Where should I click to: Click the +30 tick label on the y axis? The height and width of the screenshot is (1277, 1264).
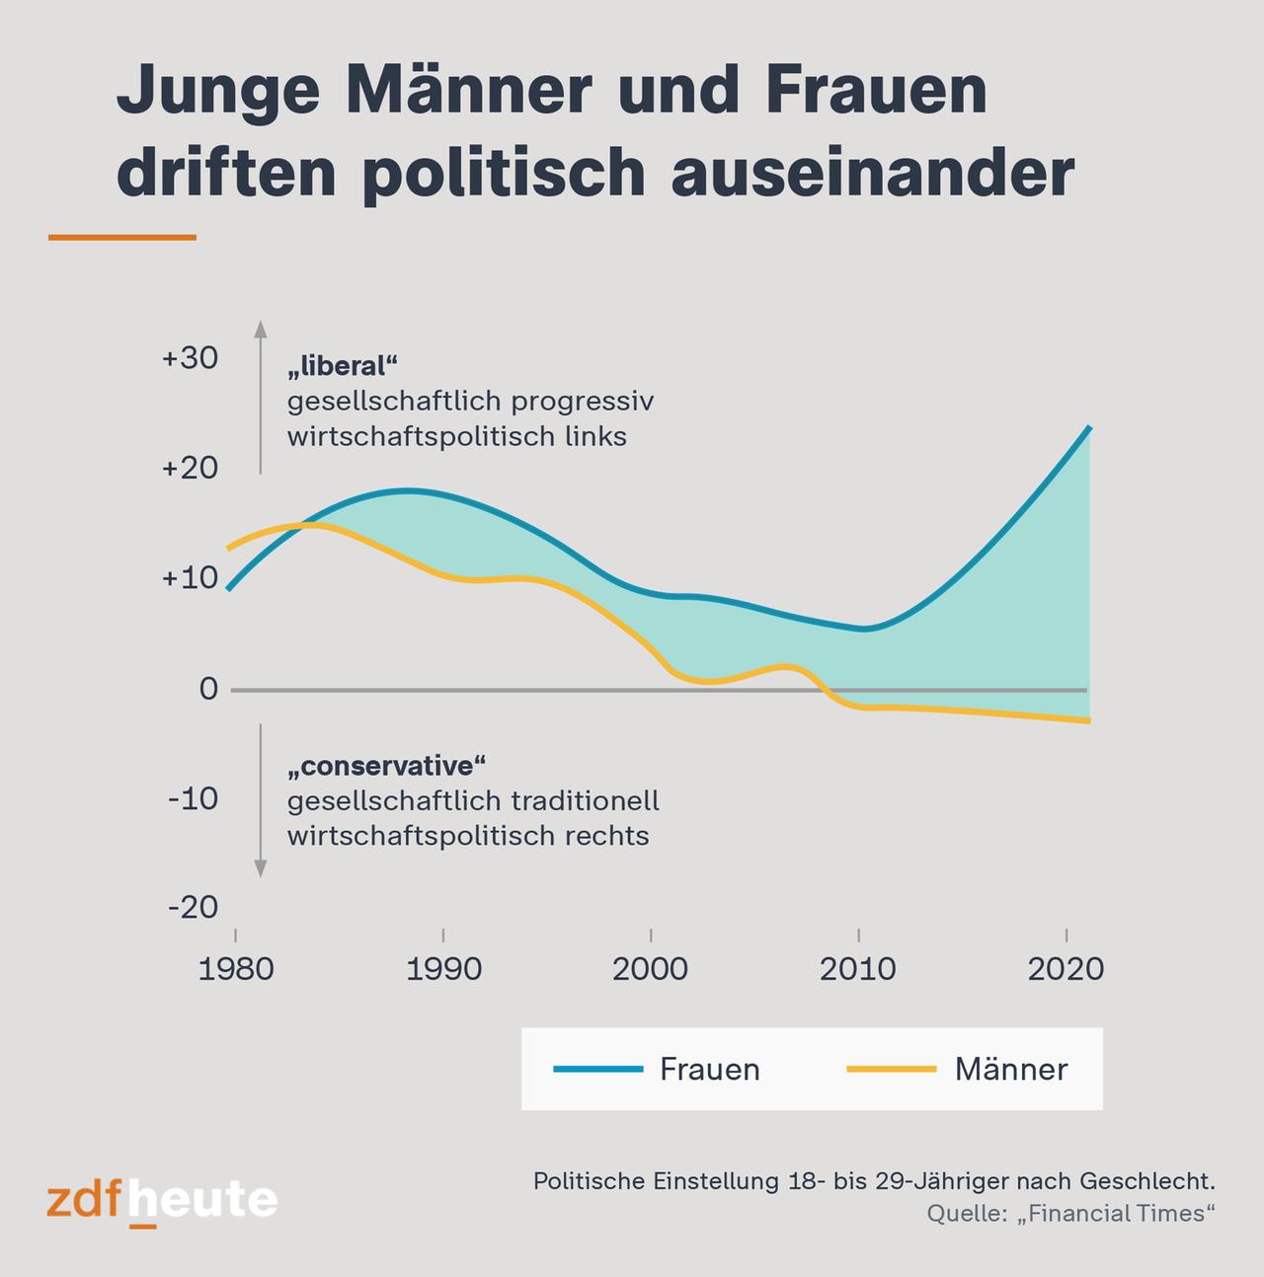click(190, 358)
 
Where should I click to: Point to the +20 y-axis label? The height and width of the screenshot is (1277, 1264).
click(190, 468)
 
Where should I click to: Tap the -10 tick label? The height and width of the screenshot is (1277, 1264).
click(193, 797)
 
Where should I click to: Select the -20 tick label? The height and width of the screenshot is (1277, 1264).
click(193, 907)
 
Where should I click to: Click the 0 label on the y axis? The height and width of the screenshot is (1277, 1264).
click(208, 689)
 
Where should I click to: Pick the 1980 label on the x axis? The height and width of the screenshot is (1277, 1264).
click(236, 969)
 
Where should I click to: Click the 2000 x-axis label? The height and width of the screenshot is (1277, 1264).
click(651, 969)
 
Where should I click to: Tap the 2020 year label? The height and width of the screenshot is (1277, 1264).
click(1066, 969)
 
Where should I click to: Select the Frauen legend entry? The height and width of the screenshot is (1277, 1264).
click(709, 1070)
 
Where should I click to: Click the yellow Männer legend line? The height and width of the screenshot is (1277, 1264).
click(891, 1069)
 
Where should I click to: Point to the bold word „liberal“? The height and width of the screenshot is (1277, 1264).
click(342, 366)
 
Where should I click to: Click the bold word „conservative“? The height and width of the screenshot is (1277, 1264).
click(387, 766)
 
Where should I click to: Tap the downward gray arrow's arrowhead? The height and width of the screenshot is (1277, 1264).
click(261, 868)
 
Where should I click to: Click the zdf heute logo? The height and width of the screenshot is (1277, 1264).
click(162, 1201)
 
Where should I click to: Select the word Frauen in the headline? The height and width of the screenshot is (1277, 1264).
click(875, 91)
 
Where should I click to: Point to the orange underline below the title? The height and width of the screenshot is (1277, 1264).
click(122, 238)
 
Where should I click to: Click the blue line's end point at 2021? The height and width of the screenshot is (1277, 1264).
click(1089, 427)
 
